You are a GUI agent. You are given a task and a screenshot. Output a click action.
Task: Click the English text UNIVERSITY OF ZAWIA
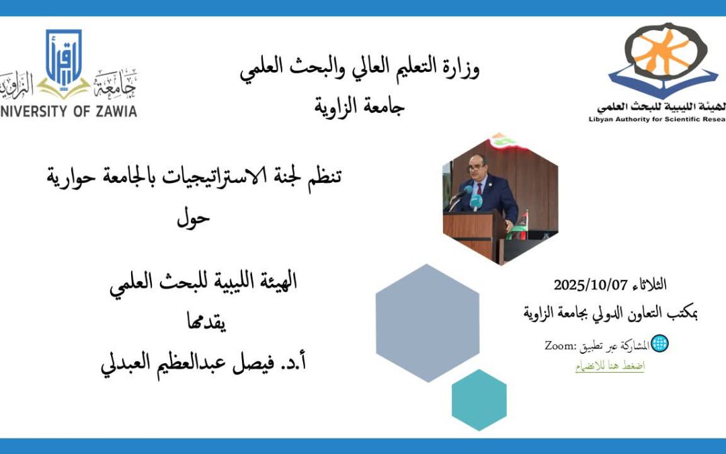pos(68,111)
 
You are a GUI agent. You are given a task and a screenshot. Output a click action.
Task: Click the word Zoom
pos(557,346)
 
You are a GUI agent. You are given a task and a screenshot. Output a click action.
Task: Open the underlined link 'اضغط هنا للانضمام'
pos(609,367)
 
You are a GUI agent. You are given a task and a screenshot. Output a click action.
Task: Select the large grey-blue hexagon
pos(428,323)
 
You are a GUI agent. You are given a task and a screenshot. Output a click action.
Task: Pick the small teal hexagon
pos(479,400)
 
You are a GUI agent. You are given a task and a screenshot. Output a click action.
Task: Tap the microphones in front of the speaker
pos(464,197)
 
